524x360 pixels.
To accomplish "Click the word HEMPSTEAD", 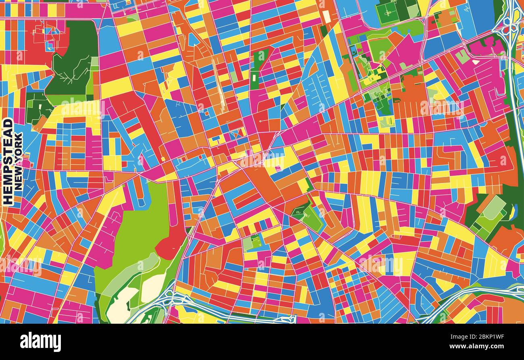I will point(8,161).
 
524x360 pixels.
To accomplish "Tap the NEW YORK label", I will point(19,161).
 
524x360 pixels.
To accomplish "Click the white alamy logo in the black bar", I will point(40,342).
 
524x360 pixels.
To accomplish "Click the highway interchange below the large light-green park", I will point(169,300).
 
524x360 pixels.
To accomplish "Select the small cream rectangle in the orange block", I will point(326,16).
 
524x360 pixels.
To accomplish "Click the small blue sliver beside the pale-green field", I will point(512,212).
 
